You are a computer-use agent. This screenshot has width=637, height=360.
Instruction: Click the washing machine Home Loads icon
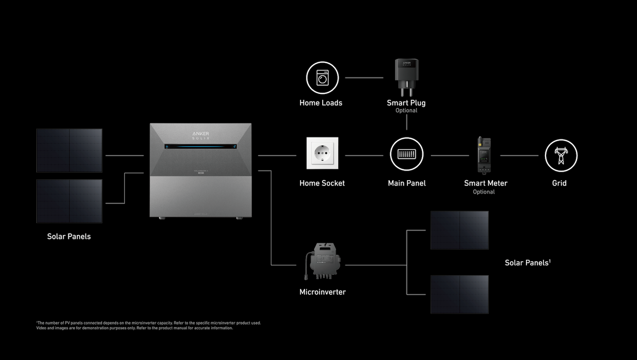click(x=322, y=78)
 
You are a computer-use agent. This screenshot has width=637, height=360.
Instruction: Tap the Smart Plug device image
click(x=406, y=77)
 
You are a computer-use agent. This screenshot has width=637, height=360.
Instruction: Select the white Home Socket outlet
click(x=322, y=153)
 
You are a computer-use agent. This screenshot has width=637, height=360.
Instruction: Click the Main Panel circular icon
click(x=406, y=154)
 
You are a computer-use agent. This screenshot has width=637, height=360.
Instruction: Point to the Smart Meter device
click(x=484, y=155)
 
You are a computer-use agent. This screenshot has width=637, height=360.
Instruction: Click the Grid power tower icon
click(x=561, y=156)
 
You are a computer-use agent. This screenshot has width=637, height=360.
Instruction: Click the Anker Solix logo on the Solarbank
click(x=201, y=135)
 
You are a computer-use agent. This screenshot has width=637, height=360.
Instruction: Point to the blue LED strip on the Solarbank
click(x=201, y=147)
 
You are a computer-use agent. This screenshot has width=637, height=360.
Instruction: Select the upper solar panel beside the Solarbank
click(x=69, y=151)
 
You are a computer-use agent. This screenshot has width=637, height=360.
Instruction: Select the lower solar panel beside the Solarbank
click(x=69, y=201)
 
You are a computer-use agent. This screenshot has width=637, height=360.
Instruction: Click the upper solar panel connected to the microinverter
click(x=459, y=230)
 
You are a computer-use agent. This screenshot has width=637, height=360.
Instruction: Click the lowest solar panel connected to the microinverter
click(x=459, y=295)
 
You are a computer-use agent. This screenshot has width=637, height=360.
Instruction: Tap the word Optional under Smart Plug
click(x=406, y=111)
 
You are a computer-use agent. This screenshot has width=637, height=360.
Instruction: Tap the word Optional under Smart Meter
click(x=484, y=192)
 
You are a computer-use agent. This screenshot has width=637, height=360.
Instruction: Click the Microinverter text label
click(x=322, y=292)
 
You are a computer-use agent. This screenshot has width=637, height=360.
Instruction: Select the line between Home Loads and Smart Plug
click(x=364, y=78)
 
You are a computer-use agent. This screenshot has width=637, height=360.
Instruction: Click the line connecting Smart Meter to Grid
click(x=519, y=156)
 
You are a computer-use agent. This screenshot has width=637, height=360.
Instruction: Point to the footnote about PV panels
click(x=148, y=323)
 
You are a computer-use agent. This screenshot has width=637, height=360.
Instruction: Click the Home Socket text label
click(x=322, y=183)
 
